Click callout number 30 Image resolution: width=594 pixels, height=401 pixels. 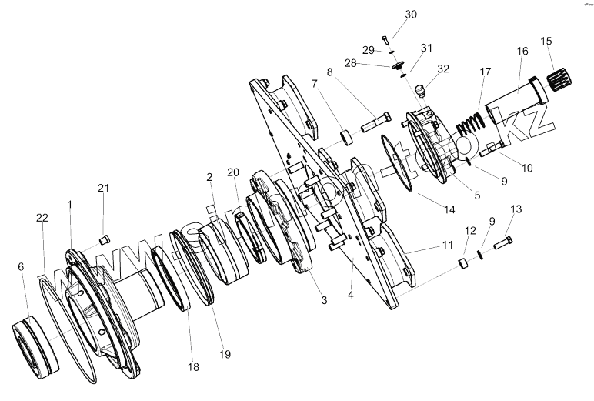point(411,15)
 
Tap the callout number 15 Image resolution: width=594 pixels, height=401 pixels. point(546,41)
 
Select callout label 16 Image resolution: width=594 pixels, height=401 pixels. point(522,52)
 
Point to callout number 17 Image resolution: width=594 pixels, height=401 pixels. point(486,72)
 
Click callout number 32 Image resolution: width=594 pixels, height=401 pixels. point(442,69)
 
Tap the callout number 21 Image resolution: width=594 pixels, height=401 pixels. point(103,189)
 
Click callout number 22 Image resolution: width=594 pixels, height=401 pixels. point(42,218)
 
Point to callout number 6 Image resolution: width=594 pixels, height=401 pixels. point(21,266)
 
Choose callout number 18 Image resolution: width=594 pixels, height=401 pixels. point(194,367)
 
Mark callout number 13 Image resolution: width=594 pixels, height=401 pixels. point(516,209)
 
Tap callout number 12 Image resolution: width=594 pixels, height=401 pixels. point(469,232)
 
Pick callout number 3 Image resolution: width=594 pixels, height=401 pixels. point(302,299)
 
